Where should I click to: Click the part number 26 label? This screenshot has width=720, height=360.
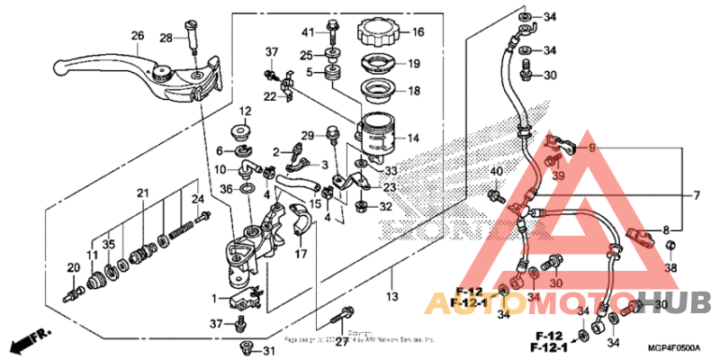pyautogui.click(x=137, y=36)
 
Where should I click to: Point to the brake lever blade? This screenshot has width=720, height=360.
pyautogui.click(x=99, y=66)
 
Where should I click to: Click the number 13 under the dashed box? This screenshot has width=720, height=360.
pyautogui.click(x=391, y=295)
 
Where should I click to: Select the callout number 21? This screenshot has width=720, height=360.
pyautogui.click(x=141, y=193)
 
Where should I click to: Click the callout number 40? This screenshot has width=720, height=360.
pyautogui.click(x=496, y=172)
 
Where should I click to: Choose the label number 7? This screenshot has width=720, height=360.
pyautogui.click(x=695, y=195)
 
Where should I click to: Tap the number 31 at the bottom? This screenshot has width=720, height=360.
pyautogui.click(x=269, y=350)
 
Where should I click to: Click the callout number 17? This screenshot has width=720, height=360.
pyautogui.click(x=300, y=254)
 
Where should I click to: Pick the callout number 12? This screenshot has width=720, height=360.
pyautogui.click(x=246, y=111)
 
